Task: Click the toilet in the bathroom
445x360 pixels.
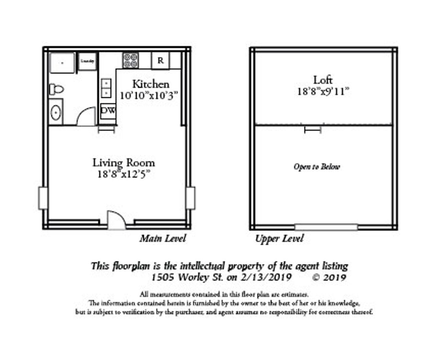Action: pyautogui.click(x=56, y=89)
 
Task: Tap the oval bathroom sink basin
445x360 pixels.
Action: pyautogui.click(x=55, y=112)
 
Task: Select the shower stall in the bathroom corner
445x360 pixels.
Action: pyautogui.click(x=62, y=62)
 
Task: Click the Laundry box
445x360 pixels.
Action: pyautogui.click(x=88, y=61)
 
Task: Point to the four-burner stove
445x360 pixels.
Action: pyautogui.click(x=131, y=60)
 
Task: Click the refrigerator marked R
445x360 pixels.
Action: pyautogui.click(x=160, y=61)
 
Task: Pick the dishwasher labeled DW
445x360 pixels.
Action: pyautogui.click(x=108, y=110)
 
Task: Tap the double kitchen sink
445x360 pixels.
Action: pyautogui.click(x=106, y=88)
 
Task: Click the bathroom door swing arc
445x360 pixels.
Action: pyautogui.click(x=86, y=117)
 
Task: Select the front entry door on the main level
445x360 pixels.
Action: pyautogui.click(x=116, y=220)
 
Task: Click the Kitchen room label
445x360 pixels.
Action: pyautogui.click(x=151, y=84)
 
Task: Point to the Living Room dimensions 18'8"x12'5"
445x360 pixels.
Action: pyautogui.click(x=124, y=174)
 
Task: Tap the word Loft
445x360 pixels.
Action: pyautogui.click(x=323, y=80)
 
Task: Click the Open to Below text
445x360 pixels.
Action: pyautogui.click(x=317, y=167)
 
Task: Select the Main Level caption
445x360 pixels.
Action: pyautogui.click(x=163, y=238)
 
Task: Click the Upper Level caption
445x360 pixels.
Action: pyautogui.click(x=280, y=238)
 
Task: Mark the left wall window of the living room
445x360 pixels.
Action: pyautogui.click(x=43, y=198)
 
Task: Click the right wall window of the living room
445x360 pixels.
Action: pyautogui.click(x=190, y=198)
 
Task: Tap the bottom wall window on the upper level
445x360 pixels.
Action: pyautogui.click(x=326, y=227)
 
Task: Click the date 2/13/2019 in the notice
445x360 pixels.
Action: pyautogui.click(x=266, y=277)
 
